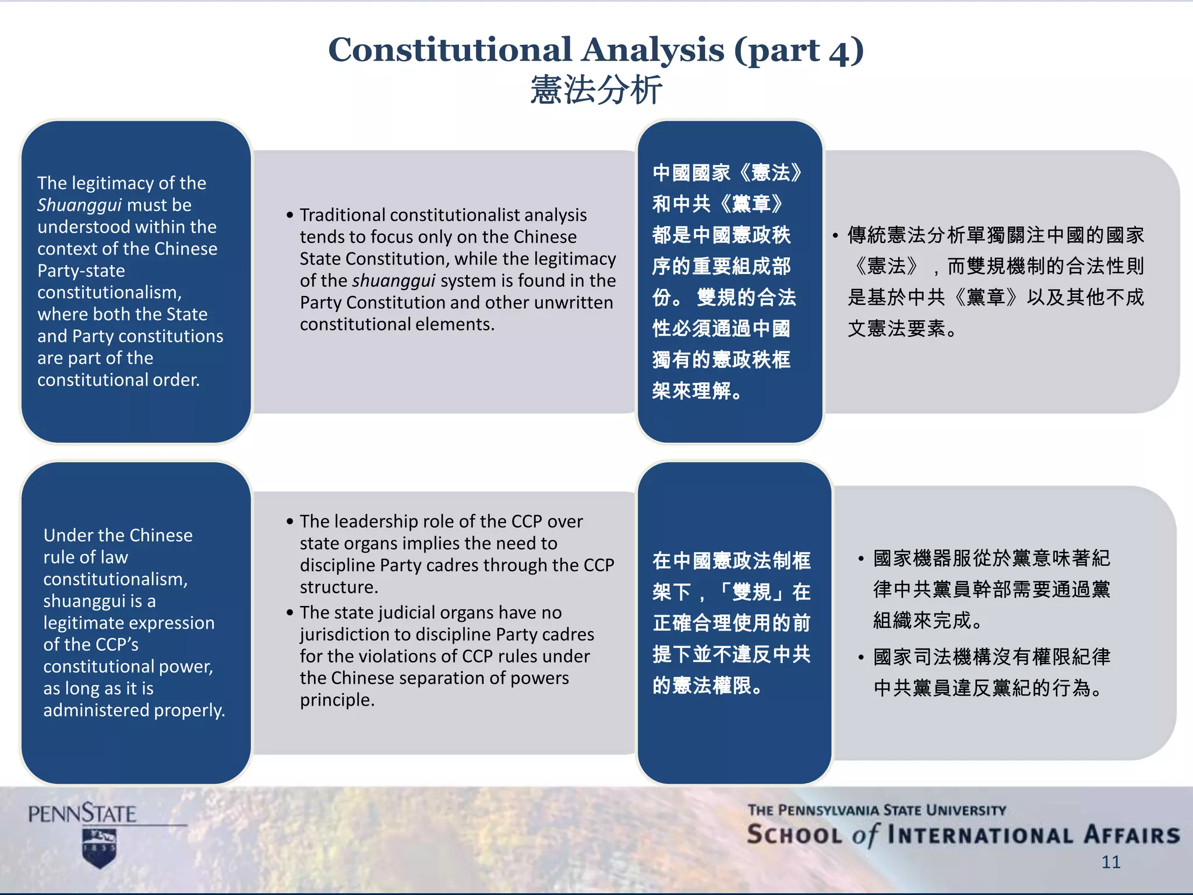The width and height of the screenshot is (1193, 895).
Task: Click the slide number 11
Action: pyautogui.click(x=1111, y=862)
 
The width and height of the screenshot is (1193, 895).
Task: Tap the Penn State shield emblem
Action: pyautogui.click(x=100, y=848)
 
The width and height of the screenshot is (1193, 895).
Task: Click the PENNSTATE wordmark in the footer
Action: pyautogui.click(x=82, y=814)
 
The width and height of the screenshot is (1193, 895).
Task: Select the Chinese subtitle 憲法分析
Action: pyautogui.click(x=596, y=90)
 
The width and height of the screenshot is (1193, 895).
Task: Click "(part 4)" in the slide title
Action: pyautogui.click(x=799, y=50)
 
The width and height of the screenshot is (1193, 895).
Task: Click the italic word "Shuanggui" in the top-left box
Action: pyautogui.click(x=79, y=205)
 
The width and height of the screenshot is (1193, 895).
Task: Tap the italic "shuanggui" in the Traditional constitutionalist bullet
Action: pyautogui.click(x=394, y=281)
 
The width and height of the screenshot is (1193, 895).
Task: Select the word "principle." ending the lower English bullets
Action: pyautogui.click(x=337, y=700)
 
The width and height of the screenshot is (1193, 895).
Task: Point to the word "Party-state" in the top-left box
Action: pyautogui.click(x=81, y=271)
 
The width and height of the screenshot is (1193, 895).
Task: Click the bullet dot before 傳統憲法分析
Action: pyautogui.click(x=835, y=236)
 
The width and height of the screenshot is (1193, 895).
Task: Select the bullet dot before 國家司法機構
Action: pyautogui.click(x=861, y=658)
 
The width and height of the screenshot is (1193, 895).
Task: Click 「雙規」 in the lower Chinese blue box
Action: pyautogui.click(x=751, y=592)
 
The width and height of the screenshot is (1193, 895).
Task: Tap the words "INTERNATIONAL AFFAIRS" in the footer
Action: pyautogui.click(x=1033, y=835)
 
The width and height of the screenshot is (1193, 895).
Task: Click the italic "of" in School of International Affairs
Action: pyautogui.click(x=864, y=835)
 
